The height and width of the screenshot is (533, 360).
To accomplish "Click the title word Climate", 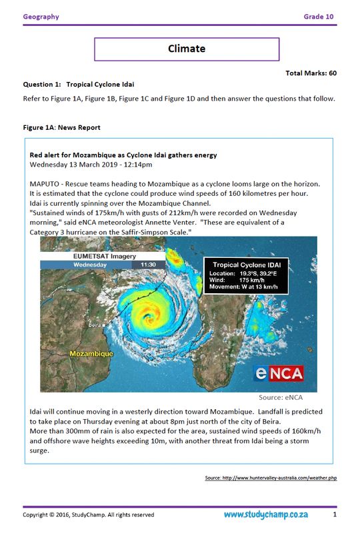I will [x=186, y=49].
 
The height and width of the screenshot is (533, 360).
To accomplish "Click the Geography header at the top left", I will [x=41, y=17].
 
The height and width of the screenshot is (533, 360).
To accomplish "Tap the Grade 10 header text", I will [x=319, y=17].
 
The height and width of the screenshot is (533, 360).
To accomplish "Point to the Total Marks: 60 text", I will [x=311, y=73].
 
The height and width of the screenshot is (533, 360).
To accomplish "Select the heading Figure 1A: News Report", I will [x=61, y=127].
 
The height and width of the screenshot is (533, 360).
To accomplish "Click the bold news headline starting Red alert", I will [x=123, y=155].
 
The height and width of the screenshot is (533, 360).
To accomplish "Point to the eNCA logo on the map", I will [x=279, y=373].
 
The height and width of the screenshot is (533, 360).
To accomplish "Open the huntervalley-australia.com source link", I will [x=270, y=478].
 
